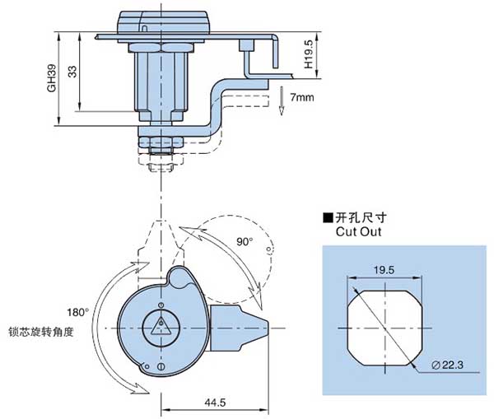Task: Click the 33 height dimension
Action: point(72,72)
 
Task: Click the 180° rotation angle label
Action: point(77,312)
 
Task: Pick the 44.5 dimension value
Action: point(217,403)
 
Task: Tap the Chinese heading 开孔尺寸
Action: point(363,217)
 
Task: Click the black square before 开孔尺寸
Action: point(328,217)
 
